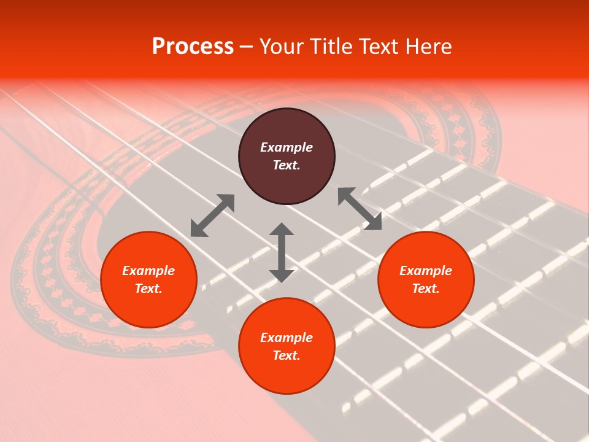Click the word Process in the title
point(193,47)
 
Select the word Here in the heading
point(429,47)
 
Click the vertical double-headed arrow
point(282,252)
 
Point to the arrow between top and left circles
point(212,215)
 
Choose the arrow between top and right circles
point(360,209)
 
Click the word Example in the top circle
point(287,147)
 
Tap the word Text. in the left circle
point(148,289)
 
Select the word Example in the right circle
point(426,271)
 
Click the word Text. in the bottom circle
point(287,355)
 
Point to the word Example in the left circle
point(148,271)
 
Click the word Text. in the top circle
point(287,165)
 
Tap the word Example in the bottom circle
point(287,338)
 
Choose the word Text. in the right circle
point(426,289)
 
